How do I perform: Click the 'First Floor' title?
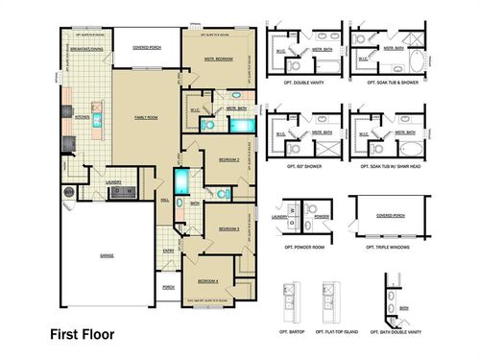[82, 335]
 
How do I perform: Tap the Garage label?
[106, 255]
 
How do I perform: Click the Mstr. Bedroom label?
[219, 59]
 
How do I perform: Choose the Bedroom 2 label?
[228, 158]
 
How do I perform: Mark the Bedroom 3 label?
[228, 228]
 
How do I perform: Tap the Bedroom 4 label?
[209, 280]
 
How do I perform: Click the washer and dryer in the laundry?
[123, 192]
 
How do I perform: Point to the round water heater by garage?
[68, 192]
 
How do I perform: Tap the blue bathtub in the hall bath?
[183, 183]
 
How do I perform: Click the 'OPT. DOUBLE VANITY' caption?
[301, 84]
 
